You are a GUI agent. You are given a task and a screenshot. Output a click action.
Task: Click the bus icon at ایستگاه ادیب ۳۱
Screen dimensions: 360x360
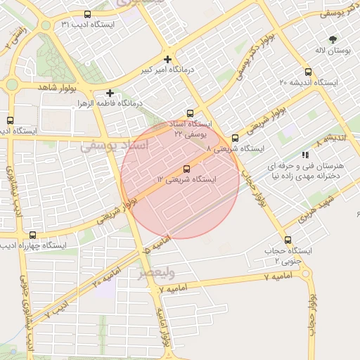coord(87,14)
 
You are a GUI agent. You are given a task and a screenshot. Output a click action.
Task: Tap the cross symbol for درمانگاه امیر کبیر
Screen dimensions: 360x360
coord(167,59)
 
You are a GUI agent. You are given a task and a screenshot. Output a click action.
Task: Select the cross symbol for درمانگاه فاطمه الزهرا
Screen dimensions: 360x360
coord(110,93)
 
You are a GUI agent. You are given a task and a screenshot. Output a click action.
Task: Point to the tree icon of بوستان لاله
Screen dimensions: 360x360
coord(333,39)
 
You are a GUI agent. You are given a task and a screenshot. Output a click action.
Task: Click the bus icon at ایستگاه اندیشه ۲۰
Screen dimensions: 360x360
coord(308,72)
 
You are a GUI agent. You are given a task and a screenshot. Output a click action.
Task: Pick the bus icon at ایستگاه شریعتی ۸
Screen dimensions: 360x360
coord(235,138)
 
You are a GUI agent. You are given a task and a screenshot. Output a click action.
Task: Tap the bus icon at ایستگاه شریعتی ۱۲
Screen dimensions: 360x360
coord(186,169)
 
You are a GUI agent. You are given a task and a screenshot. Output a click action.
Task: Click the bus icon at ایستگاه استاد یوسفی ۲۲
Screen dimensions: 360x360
coord(190,113)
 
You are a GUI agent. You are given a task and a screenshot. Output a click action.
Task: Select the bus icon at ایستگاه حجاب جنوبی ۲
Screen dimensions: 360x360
coord(287,240)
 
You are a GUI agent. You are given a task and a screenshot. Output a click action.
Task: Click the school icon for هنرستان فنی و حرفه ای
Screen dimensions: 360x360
coord(304,154)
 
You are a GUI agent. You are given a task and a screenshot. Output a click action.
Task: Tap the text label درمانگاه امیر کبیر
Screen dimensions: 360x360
coord(146,70)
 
